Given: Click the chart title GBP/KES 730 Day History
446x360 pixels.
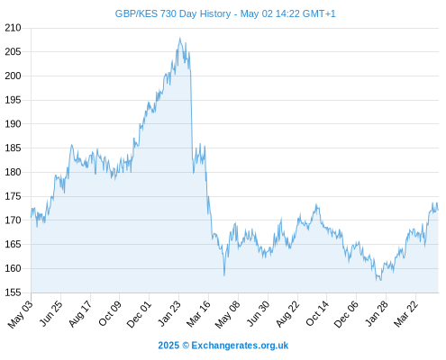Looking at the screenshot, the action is pos(173,13).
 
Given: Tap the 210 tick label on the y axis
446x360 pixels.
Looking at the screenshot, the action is pos(13,28).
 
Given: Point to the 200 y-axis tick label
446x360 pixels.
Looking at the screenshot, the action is pos(13,76).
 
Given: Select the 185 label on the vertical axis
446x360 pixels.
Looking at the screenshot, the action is pos(13,148).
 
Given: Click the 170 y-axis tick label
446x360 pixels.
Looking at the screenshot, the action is pos(13,220).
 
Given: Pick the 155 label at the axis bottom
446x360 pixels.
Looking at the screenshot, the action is pos(13,292).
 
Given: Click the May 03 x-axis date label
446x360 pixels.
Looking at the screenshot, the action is pos(21,314).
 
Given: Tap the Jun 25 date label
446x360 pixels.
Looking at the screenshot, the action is pos(51,313).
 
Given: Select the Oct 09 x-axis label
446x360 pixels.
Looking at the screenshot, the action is pos(110,313).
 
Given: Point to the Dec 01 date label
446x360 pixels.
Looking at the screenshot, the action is pos(139,314).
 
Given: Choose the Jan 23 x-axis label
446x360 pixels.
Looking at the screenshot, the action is pos(169,313).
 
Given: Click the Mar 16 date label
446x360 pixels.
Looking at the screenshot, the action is pos(198,314).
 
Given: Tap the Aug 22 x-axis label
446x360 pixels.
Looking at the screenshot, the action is pos(287,314).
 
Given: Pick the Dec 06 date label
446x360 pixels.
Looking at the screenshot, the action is pos(346,314).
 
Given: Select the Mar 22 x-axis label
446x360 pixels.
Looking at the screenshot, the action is pos(405,314).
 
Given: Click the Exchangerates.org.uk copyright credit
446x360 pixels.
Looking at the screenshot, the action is pos(223,346).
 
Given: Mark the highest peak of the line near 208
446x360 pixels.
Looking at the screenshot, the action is pos(180,38).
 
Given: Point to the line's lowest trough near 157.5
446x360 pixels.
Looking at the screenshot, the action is pos(380,280).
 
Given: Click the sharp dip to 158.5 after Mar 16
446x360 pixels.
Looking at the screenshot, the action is pos(224,275).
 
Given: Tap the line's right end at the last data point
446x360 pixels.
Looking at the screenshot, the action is pos(438,210).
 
